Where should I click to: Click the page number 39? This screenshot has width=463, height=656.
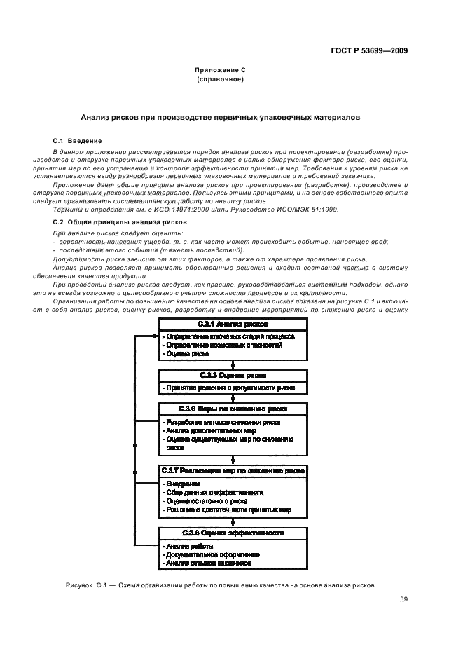pyautogui.click(x=404, y=599)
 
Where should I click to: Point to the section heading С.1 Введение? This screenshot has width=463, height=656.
pyautogui.click(x=78, y=141)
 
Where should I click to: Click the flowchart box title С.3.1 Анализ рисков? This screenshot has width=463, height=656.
pyautogui.click(x=232, y=324)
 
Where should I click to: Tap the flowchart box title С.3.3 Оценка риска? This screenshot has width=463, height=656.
pyautogui.click(x=232, y=375)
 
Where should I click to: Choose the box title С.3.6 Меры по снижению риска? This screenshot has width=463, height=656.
pyautogui.click(x=232, y=408)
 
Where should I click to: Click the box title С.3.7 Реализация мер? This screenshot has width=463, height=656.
pyautogui.click(x=232, y=470)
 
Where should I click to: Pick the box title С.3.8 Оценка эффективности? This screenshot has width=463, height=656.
pyautogui.click(x=232, y=533)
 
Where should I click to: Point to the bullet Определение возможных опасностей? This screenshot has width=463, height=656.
pyautogui.click(x=222, y=345)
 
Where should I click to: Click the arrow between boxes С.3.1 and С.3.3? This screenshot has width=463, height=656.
pyautogui.click(x=232, y=364)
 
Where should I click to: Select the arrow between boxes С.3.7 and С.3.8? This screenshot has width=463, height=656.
pyautogui.click(x=232, y=522)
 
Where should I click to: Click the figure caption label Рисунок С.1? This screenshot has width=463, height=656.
pyautogui.click(x=83, y=584)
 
